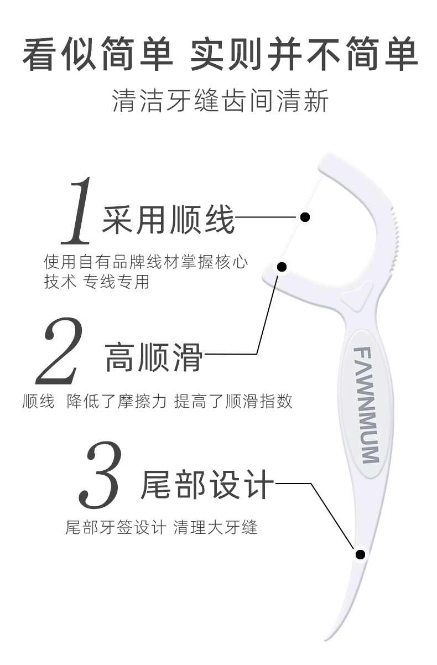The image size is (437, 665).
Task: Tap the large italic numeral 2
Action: tap(60, 351)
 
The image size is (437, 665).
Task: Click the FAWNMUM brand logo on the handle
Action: tap(366, 405)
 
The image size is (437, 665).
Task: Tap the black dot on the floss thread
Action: tap(305, 217)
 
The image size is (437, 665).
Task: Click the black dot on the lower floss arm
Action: tap(282, 267)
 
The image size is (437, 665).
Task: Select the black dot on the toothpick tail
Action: tap(360, 554)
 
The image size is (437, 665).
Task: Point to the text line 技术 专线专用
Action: tap(97, 281)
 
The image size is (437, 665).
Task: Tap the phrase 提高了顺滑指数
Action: tap(233, 401)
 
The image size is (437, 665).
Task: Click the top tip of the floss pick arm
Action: tap(325, 161)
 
